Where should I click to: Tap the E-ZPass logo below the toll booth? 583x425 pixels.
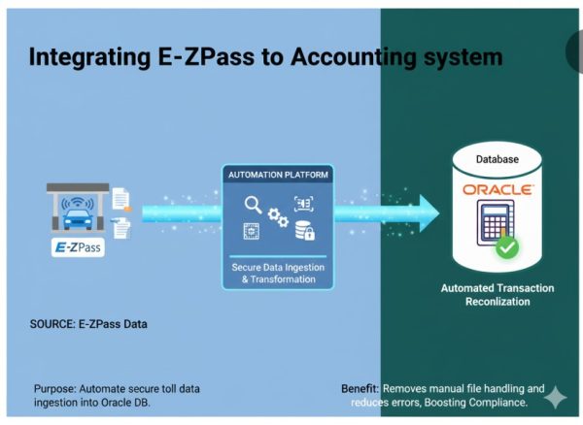78,247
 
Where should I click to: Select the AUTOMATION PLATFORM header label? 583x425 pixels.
278,175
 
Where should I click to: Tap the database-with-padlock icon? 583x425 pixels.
304,231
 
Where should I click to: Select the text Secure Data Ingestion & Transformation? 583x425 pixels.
278,272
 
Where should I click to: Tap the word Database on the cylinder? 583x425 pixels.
497,158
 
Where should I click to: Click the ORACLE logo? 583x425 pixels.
497,187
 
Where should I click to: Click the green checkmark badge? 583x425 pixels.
506,247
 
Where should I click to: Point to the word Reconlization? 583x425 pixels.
498,302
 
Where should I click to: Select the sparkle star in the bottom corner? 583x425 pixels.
555,397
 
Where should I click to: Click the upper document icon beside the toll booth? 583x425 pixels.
121,198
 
